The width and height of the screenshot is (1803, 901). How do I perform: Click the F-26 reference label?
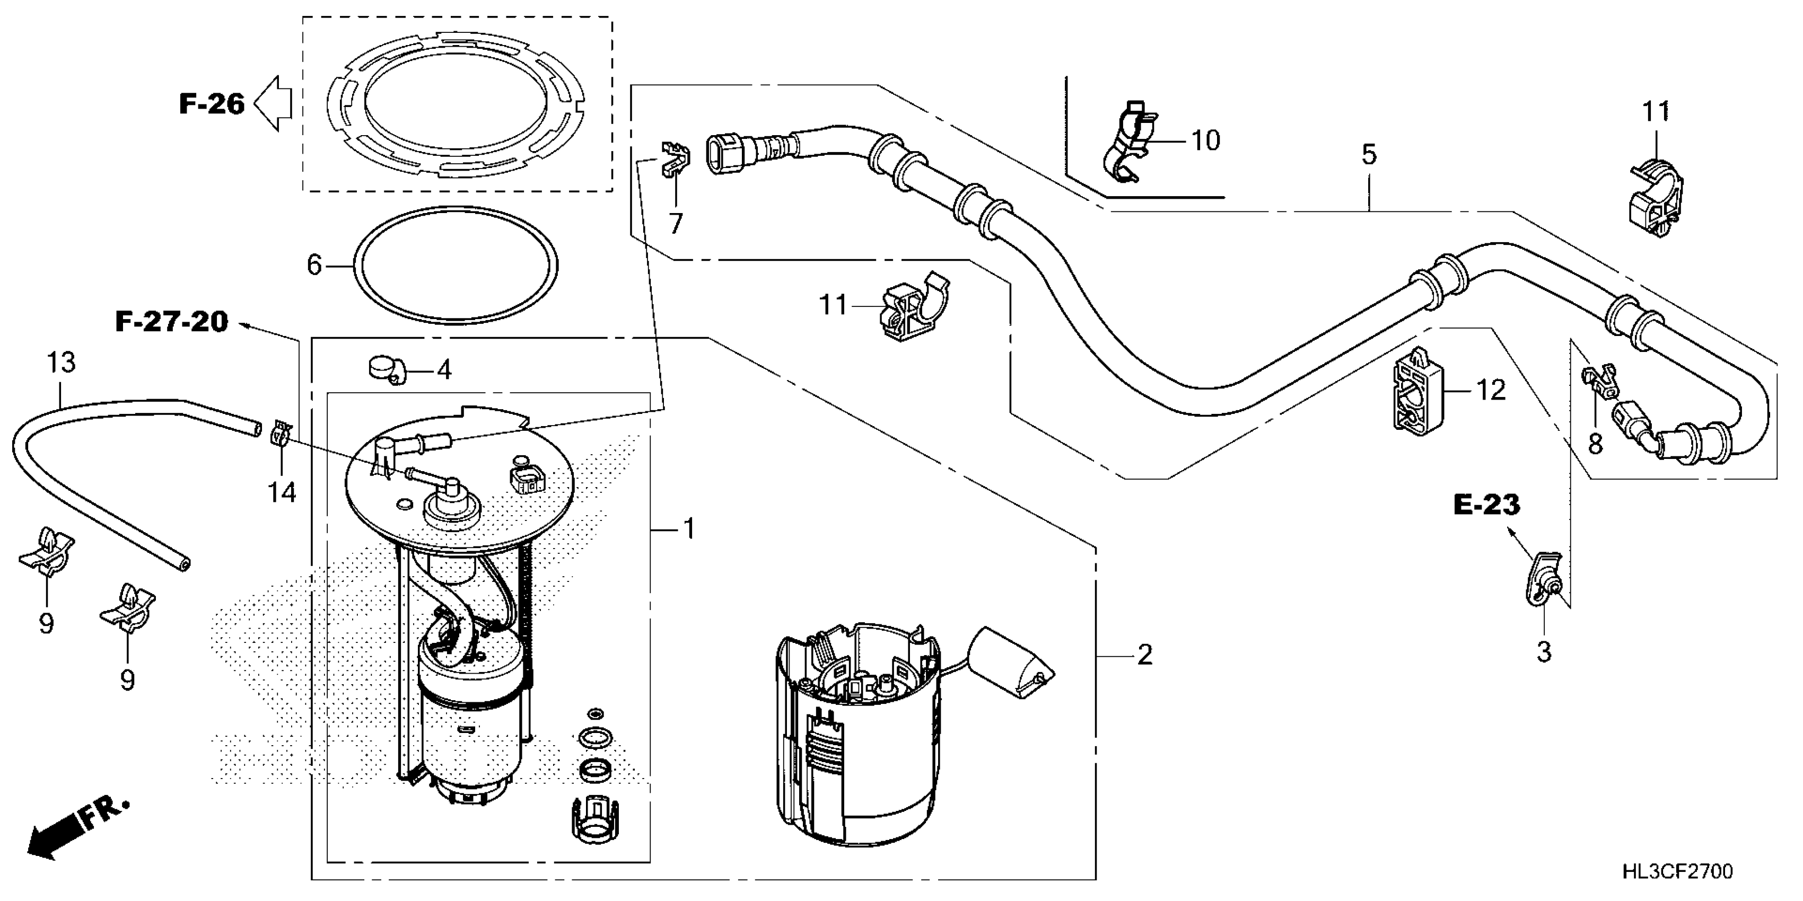[212, 104]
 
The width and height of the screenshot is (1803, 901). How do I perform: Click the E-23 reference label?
[1486, 505]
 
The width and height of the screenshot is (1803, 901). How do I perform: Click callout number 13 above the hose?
[61, 363]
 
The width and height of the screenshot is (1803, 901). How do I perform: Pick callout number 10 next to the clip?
[1205, 140]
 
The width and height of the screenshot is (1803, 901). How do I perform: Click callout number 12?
[1490, 390]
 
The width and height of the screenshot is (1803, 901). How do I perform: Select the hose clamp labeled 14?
[281, 434]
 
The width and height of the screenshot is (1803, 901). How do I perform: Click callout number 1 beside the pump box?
[689, 529]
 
